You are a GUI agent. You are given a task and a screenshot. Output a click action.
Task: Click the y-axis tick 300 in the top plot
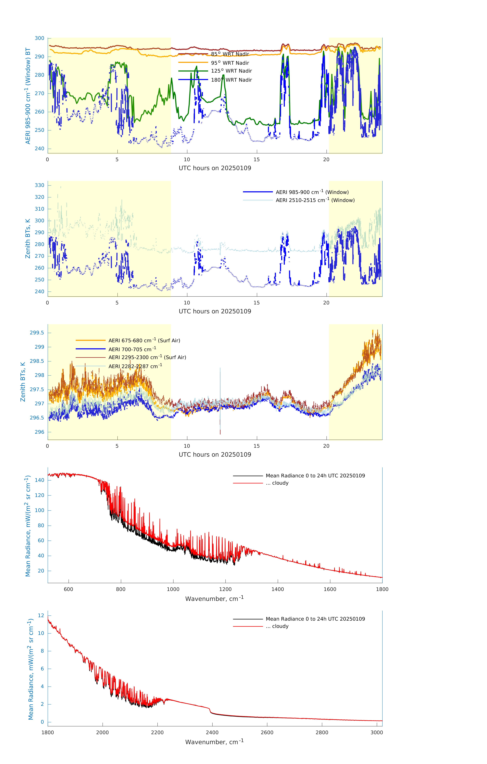[x=40, y=38]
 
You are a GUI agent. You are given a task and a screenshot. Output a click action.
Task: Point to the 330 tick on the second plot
[x=40, y=185]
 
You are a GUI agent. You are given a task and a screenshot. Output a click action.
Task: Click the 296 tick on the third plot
[x=40, y=432]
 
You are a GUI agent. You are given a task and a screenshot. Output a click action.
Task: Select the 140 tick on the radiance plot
[x=40, y=480]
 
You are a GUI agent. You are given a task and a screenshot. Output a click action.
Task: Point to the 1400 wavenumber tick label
[x=278, y=589]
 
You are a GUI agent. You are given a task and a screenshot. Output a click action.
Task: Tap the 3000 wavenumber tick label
[x=377, y=732]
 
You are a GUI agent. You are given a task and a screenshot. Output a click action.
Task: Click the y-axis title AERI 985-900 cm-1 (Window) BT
[x=28, y=96]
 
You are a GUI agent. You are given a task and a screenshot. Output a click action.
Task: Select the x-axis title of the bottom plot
[x=214, y=742]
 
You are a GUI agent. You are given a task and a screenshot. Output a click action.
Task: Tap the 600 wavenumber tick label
[x=68, y=589]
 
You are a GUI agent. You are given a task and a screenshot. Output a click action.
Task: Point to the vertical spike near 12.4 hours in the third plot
[x=220, y=400]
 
